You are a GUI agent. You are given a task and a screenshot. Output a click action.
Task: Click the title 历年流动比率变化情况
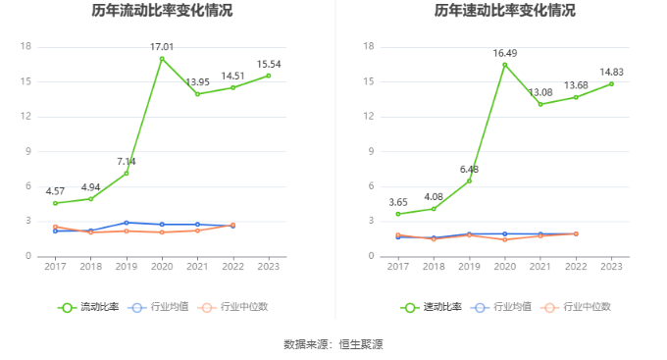(162, 12)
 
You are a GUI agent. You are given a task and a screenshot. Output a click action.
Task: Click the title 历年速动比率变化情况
(505, 12)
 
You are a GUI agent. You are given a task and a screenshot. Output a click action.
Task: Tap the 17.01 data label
(162, 46)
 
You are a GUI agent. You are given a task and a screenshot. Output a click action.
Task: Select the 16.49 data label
(505, 53)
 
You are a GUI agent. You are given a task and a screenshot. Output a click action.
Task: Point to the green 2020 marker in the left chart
(162, 59)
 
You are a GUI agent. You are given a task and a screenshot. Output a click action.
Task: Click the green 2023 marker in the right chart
(612, 83)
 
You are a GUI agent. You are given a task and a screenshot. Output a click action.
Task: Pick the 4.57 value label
(55, 190)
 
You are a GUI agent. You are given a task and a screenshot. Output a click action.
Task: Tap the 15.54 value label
(269, 63)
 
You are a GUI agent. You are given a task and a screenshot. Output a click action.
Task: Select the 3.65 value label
(398, 201)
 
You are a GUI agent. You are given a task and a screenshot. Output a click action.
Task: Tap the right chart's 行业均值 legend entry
(506, 307)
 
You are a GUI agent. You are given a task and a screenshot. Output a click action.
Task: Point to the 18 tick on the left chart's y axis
(26, 47)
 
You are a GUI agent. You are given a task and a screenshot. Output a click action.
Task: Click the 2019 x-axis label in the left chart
(127, 266)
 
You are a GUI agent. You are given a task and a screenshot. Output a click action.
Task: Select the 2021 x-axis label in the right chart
(540, 266)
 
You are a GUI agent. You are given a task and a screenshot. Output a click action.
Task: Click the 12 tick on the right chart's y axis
(370, 117)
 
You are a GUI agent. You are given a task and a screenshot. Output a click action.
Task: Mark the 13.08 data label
(540, 91)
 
